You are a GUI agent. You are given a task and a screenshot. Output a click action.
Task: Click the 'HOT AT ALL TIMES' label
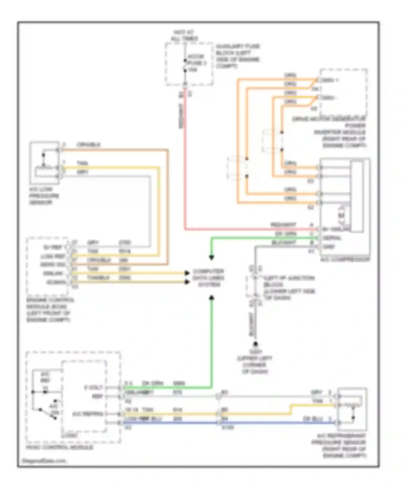pyautogui.click(x=184, y=36)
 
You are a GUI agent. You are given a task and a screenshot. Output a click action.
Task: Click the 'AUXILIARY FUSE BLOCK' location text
pyautogui.click(x=238, y=56)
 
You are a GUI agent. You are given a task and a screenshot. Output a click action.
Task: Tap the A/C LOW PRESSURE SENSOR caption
pyautogui.click(x=44, y=196)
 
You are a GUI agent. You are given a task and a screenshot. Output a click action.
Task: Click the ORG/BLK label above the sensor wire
pyautogui.click(x=88, y=145)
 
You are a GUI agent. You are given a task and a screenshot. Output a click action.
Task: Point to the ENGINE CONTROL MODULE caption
pyautogui.click(x=50, y=310)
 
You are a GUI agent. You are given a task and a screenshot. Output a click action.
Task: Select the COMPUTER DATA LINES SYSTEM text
pyautogui.click(x=208, y=278)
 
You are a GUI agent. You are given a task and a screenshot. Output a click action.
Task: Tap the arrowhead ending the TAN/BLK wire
pyautogui.click(x=187, y=282)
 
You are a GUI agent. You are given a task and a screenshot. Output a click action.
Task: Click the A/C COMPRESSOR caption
pyautogui.click(x=345, y=260)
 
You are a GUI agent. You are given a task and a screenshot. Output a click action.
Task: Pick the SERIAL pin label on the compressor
pyautogui.click(x=332, y=238)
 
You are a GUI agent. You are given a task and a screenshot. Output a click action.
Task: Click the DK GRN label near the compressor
pyautogui.click(x=285, y=234)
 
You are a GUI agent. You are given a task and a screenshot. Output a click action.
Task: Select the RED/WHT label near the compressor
pyautogui.click(x=283, y=225)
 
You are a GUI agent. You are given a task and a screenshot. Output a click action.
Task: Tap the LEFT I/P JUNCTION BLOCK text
pyautogui.click(x=289, y=288)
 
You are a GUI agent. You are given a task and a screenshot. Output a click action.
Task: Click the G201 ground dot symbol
pyautogui.click(x=255, y=344)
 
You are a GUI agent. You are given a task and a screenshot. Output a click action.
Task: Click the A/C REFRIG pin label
pyautogui.click(x=88, y=414)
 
